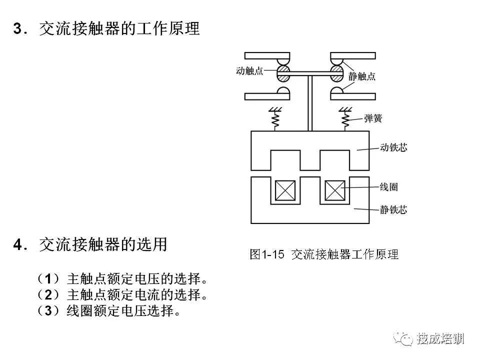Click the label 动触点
tap(249, 70)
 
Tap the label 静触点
tap(362, 76)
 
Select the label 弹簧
tap(373, 118)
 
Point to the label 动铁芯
tap(393, 147)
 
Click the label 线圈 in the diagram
tap(389, 186)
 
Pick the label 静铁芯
tap(393, 209)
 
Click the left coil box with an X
tap(285, 190)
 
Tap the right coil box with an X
tap(335, 190)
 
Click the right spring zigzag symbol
tap(345, 119)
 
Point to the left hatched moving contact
tap(283, 73)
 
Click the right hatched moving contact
tap(336, 73)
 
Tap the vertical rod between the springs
tap(310, 103)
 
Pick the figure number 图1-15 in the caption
tap(267, 254)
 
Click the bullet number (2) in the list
tap(48, 295)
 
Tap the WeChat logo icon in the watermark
tap(403, 338)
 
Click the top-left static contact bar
tap(267, 55)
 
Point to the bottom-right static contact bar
tap(353, 96)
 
